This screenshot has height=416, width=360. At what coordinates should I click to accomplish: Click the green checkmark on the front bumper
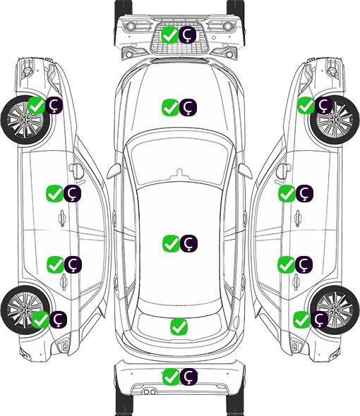(169, 35)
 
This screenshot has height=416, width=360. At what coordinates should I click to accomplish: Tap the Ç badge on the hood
(188, 107)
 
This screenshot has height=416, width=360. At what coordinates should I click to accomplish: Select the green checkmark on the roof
(171, 243)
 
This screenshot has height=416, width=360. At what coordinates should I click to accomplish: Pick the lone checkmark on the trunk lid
(179, 327)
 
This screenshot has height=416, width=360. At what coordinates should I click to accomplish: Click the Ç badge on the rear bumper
(189, 377)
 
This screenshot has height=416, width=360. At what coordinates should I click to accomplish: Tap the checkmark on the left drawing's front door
(54, 193)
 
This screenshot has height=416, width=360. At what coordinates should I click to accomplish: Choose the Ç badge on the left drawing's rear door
(73, 264)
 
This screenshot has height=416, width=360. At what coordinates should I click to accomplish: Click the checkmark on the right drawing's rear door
(286, 264)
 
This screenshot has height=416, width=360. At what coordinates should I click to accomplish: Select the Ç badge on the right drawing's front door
(304, 193)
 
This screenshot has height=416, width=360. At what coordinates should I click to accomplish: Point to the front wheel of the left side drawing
(25, 121)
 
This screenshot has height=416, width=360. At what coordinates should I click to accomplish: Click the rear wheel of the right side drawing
(335, 310)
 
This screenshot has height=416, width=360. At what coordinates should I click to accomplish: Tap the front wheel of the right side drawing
(335, 121)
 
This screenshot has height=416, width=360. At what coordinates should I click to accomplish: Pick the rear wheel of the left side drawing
(25, 310)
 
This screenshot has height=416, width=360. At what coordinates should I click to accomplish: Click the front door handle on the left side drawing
(62, 219)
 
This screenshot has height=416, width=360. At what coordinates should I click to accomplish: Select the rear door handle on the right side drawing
(296, 282)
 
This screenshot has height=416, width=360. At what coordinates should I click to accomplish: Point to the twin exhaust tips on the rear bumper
(150, 392)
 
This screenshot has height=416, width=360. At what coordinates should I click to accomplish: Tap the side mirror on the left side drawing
(76, 171)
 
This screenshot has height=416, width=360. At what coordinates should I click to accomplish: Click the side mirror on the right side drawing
(283, 171)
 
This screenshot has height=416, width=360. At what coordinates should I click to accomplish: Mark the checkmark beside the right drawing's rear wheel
(301, 319)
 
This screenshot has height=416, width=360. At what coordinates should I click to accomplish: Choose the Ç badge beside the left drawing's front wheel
(54, 105)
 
